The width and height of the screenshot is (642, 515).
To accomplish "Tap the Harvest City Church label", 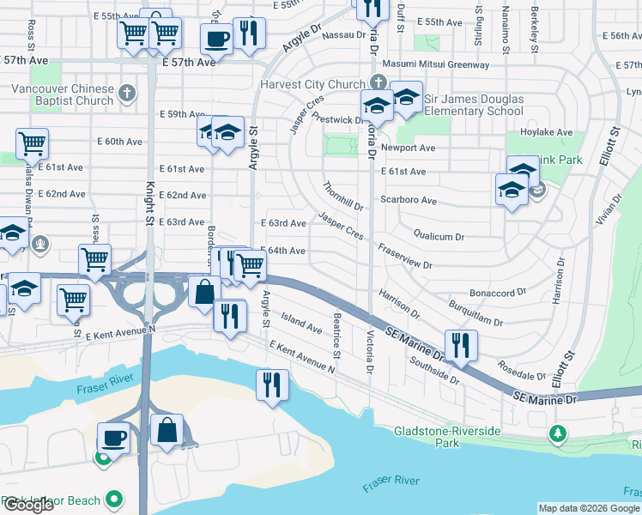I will tap(312, 85).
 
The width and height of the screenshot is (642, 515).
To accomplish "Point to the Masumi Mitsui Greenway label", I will tap(439, 64).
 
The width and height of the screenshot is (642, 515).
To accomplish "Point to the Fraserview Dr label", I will tap(403, 257).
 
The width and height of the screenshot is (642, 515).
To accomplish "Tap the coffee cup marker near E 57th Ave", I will tap(216, 39).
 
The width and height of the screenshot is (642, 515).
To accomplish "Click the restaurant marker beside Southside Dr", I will tap(460, 345).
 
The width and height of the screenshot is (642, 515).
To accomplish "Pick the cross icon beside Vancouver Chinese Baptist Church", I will tap(127, 92).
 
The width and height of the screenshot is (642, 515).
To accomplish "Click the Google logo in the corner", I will tap(28, 505).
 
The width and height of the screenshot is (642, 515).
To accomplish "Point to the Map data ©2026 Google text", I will tap(590, 508).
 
